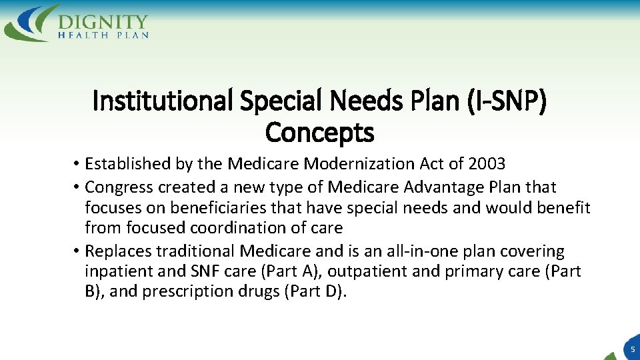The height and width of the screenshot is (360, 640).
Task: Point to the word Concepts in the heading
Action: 320,133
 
